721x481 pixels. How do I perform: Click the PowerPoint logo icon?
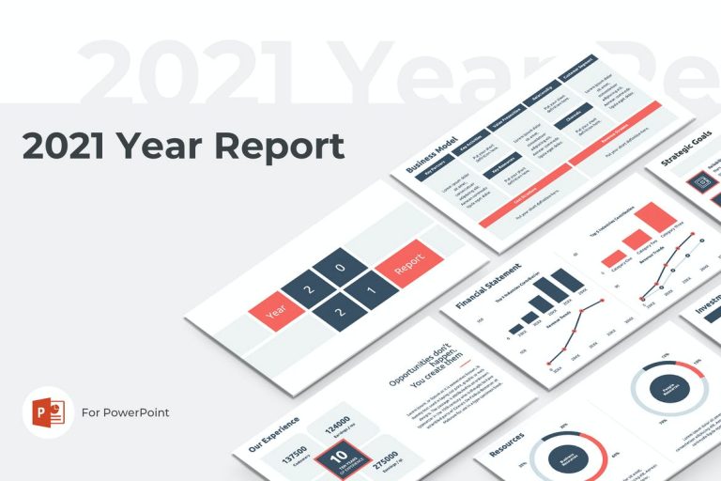[x=48, y=412]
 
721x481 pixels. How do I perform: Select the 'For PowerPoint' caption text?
[x=126, y=412]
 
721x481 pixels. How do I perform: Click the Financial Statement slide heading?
[x=487, y=286]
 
